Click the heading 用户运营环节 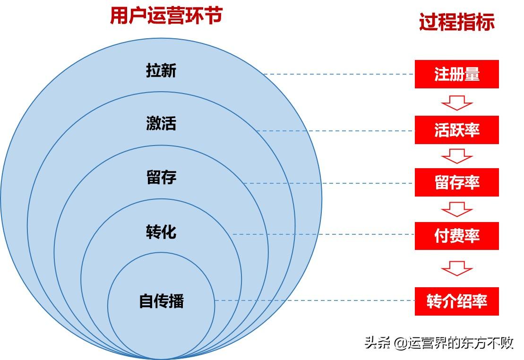pos(166,16)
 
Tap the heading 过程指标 pos(457,22)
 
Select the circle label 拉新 pos(161,70)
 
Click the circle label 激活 pos(161,123)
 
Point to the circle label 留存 pos(161,177)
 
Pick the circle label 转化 pos(161,231)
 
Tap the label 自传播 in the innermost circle pos(162,300)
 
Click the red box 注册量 pos(457,74)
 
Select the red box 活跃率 pos(457,130)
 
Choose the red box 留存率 pos(457,182)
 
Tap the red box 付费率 pos(457,236)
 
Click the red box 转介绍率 pos(457,301)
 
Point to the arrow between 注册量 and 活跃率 pos(457,103)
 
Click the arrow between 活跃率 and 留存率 pos(457,156)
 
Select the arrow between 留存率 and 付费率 pos(457,209)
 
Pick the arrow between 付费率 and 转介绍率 pos(457,268)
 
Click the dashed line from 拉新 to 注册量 pos(339,74)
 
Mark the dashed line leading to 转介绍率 pos(315,300)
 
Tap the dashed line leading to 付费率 pos(324,234)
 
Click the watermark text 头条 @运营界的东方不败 pos(439,343)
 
